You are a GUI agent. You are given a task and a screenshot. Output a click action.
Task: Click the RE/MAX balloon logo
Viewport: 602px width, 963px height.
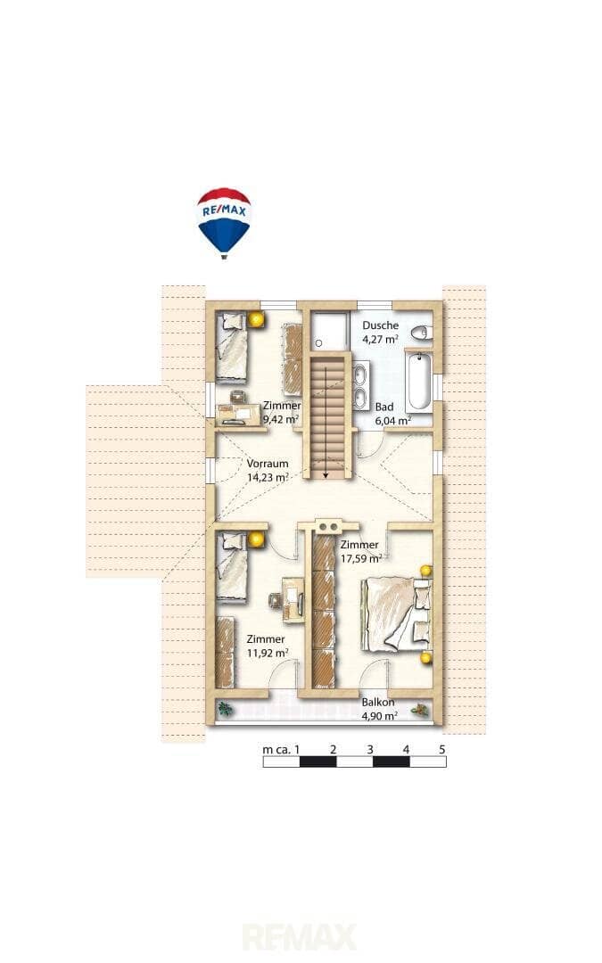[x=224, y=223]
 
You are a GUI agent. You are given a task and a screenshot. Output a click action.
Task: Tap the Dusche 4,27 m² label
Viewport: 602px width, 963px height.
[x=380, y=332]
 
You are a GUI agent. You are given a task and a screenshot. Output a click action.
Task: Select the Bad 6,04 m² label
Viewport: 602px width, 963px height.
[x=392, y=414]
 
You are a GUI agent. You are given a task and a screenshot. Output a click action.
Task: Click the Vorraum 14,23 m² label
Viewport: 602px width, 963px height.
[x=268, y=471]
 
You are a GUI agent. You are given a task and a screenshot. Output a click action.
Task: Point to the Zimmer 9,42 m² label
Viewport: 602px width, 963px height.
[x=282, y=413]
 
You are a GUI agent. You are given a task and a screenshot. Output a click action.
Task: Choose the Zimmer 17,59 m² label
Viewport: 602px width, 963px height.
[x=360, y=552]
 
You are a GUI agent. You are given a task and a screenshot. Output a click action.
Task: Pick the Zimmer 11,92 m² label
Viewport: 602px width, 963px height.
[x=267, y=646]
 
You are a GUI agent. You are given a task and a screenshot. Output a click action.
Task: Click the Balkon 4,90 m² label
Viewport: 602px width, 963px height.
[x=379, y=709]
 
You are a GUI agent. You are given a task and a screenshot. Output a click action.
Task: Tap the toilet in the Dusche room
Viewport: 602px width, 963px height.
[x=421, y=333]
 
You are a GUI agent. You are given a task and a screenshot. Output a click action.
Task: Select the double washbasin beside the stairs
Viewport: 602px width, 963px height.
[x=360, y=385]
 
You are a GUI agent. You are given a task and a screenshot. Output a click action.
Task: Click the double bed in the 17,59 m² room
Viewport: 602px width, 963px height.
[x=397, y=614]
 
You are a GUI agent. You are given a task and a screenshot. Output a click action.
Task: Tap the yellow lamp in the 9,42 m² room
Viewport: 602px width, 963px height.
[x=256, y=319]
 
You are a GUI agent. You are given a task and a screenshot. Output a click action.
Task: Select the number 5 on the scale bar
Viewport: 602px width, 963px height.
[x=441, y=749]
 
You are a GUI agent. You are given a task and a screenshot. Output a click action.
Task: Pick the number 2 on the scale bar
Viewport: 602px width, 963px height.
[x=333, y=749]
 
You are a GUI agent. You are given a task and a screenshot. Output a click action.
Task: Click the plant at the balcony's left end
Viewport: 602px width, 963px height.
[x=226, y=710]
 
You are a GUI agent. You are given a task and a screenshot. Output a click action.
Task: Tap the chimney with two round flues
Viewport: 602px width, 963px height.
[x=328, y=526]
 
